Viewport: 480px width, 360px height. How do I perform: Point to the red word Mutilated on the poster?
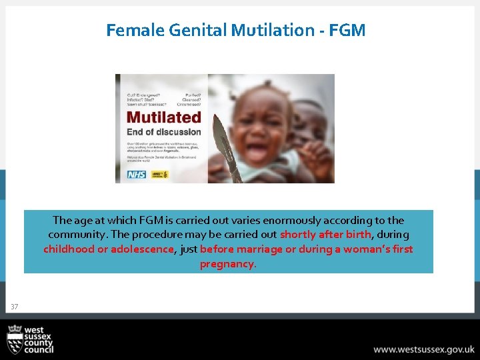pyautogui.click(x=163, y=117)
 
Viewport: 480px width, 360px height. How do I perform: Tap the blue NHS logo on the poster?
pyautogui.click(x=136, y=174)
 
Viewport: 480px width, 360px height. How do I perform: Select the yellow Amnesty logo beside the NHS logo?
pyautogui.click(x=161, y=174)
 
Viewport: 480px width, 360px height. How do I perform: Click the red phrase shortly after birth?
pyautogui.click(x=325, y=235)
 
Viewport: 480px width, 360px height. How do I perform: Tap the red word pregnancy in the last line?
pyautogui.click(x=227, y=264)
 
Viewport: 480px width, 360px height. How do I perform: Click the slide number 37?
pyautogui.click(x=15, y=307)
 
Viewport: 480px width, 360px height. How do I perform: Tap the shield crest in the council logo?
pyautogui.click(x=15, y=340)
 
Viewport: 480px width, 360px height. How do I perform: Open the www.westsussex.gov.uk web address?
pyautogui.click(x=423, y=349)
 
